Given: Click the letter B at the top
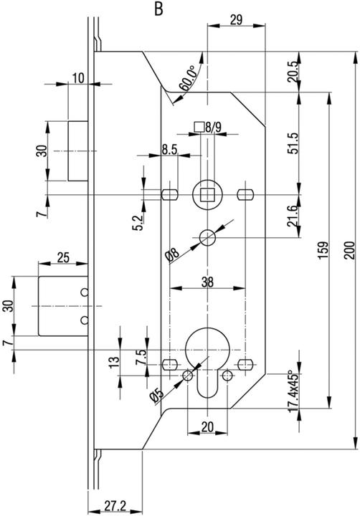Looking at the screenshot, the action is pyautogui.click(x=158, y=9).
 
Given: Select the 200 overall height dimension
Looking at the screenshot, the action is pyautogui.click(x=350, y=250).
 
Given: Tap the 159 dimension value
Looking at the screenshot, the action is pyautogui.click(x=323, y=250).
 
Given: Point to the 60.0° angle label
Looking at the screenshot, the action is pyautogui.click(x=187, y=78).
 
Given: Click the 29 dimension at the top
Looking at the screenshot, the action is pyautogui.click(x=236, y=20).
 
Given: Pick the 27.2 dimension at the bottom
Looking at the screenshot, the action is pyautogui.click(x=115, y=506).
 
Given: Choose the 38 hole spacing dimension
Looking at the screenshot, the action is pyautogui.click(x=207, y=282).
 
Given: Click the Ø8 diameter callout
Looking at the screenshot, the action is pyautogui.click(x=172, y=256).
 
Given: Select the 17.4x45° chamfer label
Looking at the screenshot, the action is pyautogui.click(x=293, y=392).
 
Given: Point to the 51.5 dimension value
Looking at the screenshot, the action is pyautogui.click(x=293, y=143).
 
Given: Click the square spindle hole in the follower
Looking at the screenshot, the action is pyautogui.click(x=207, y=195).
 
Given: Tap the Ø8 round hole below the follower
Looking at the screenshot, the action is pyautogui.click(x=207, y=237).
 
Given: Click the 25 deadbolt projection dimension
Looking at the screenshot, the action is pyautogui.click(x=63, y=258).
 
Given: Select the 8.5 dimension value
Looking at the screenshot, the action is pyautogui.click(x=170, y=149).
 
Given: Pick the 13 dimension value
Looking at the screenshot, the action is pyautogui.click(x=114, y=362).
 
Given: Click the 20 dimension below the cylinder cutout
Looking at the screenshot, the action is pyautogui.click(x=207, y=427).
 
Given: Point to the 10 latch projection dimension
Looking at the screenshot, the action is pyautogui.click(x=78, y=78).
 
